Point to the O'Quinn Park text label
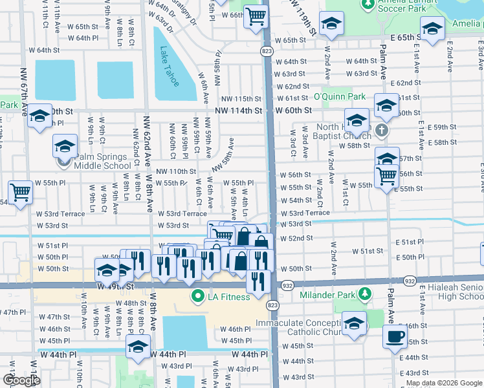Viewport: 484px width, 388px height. (340, 97)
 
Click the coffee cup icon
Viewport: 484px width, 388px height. (395, 336)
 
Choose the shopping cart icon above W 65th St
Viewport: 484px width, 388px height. (256, 15)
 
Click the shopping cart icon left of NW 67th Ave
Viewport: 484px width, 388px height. (20, 192)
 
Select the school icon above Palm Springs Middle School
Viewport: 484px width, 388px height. (65, 146)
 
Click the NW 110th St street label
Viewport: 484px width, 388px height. (176, 171)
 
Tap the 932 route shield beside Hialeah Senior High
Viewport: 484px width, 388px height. (410, 281)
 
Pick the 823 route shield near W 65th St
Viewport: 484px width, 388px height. (266, 50)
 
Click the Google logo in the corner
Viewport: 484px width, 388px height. (20, 380)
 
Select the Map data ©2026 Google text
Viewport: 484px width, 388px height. (443, 383)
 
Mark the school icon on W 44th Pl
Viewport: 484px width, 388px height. (137, 347)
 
